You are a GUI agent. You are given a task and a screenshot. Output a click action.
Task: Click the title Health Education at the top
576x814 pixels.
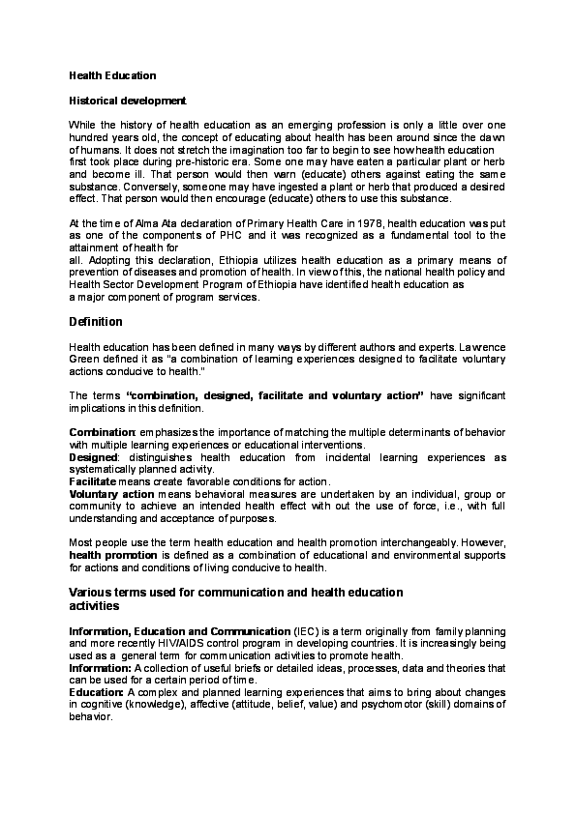coord(112,74)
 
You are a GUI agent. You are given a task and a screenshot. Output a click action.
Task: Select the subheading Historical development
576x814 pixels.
coord(127,100)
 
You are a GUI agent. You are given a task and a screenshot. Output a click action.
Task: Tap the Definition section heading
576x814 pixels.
coord(96,321)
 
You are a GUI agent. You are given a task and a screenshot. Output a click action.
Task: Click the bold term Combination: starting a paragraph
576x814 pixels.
coord(102,433)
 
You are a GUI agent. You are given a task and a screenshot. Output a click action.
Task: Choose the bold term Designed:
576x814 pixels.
coord(94,457)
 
